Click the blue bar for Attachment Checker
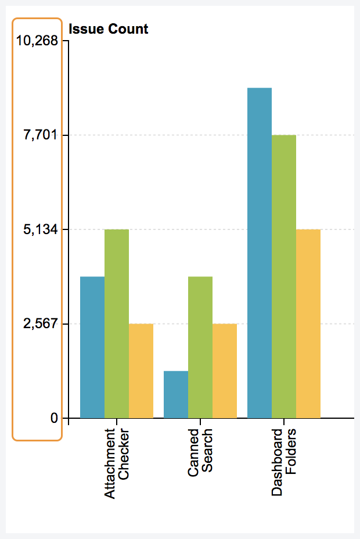point(92,347)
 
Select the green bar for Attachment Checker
point(117,324)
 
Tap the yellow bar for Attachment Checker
point(141,371)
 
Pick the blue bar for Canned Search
point(176,394)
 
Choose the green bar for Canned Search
point(200,347)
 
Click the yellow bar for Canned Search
point(225,371)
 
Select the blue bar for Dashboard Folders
point(260,253)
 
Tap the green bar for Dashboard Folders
point(284,276)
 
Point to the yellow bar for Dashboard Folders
point(308,324)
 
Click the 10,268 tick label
point(38,41)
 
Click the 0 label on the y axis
point(55,418)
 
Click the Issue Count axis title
point(109,28)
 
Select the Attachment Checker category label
point(117,463)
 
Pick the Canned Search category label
point(200,454)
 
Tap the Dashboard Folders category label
point(284,462)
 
